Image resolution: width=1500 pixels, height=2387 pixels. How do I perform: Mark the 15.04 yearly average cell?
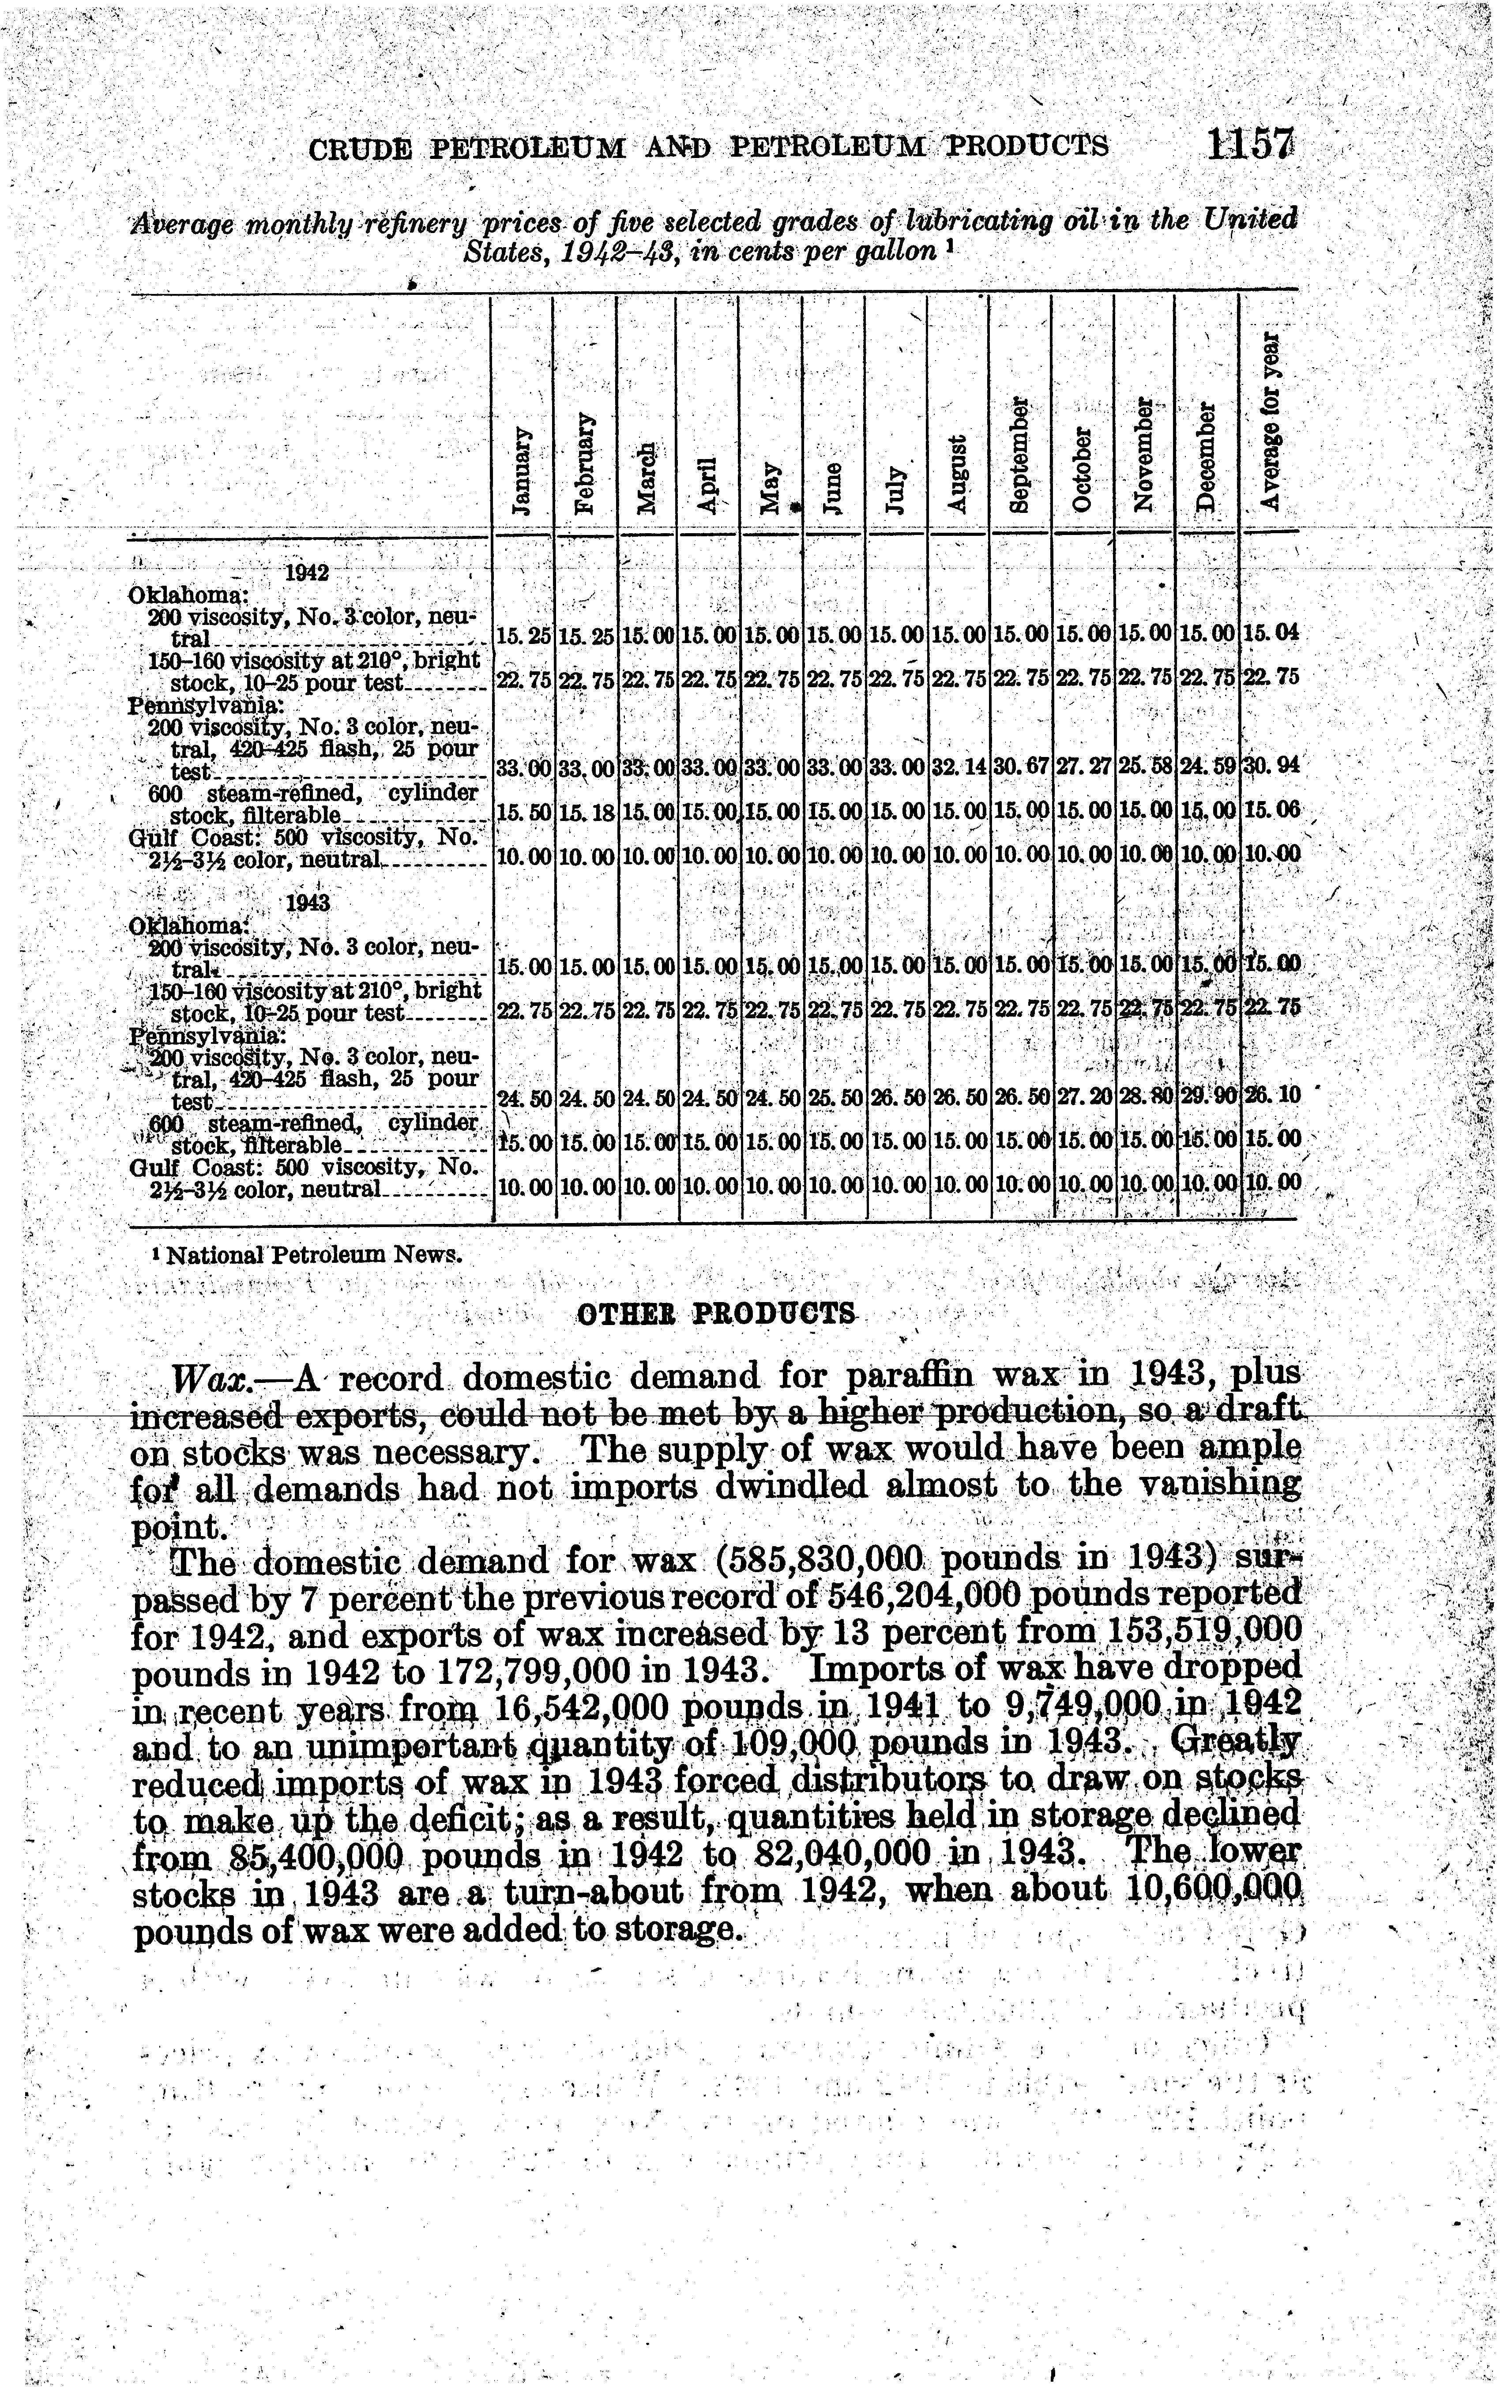(x=1269, y=632)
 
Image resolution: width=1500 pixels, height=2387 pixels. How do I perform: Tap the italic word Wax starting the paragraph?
(x=201, y=1378)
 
